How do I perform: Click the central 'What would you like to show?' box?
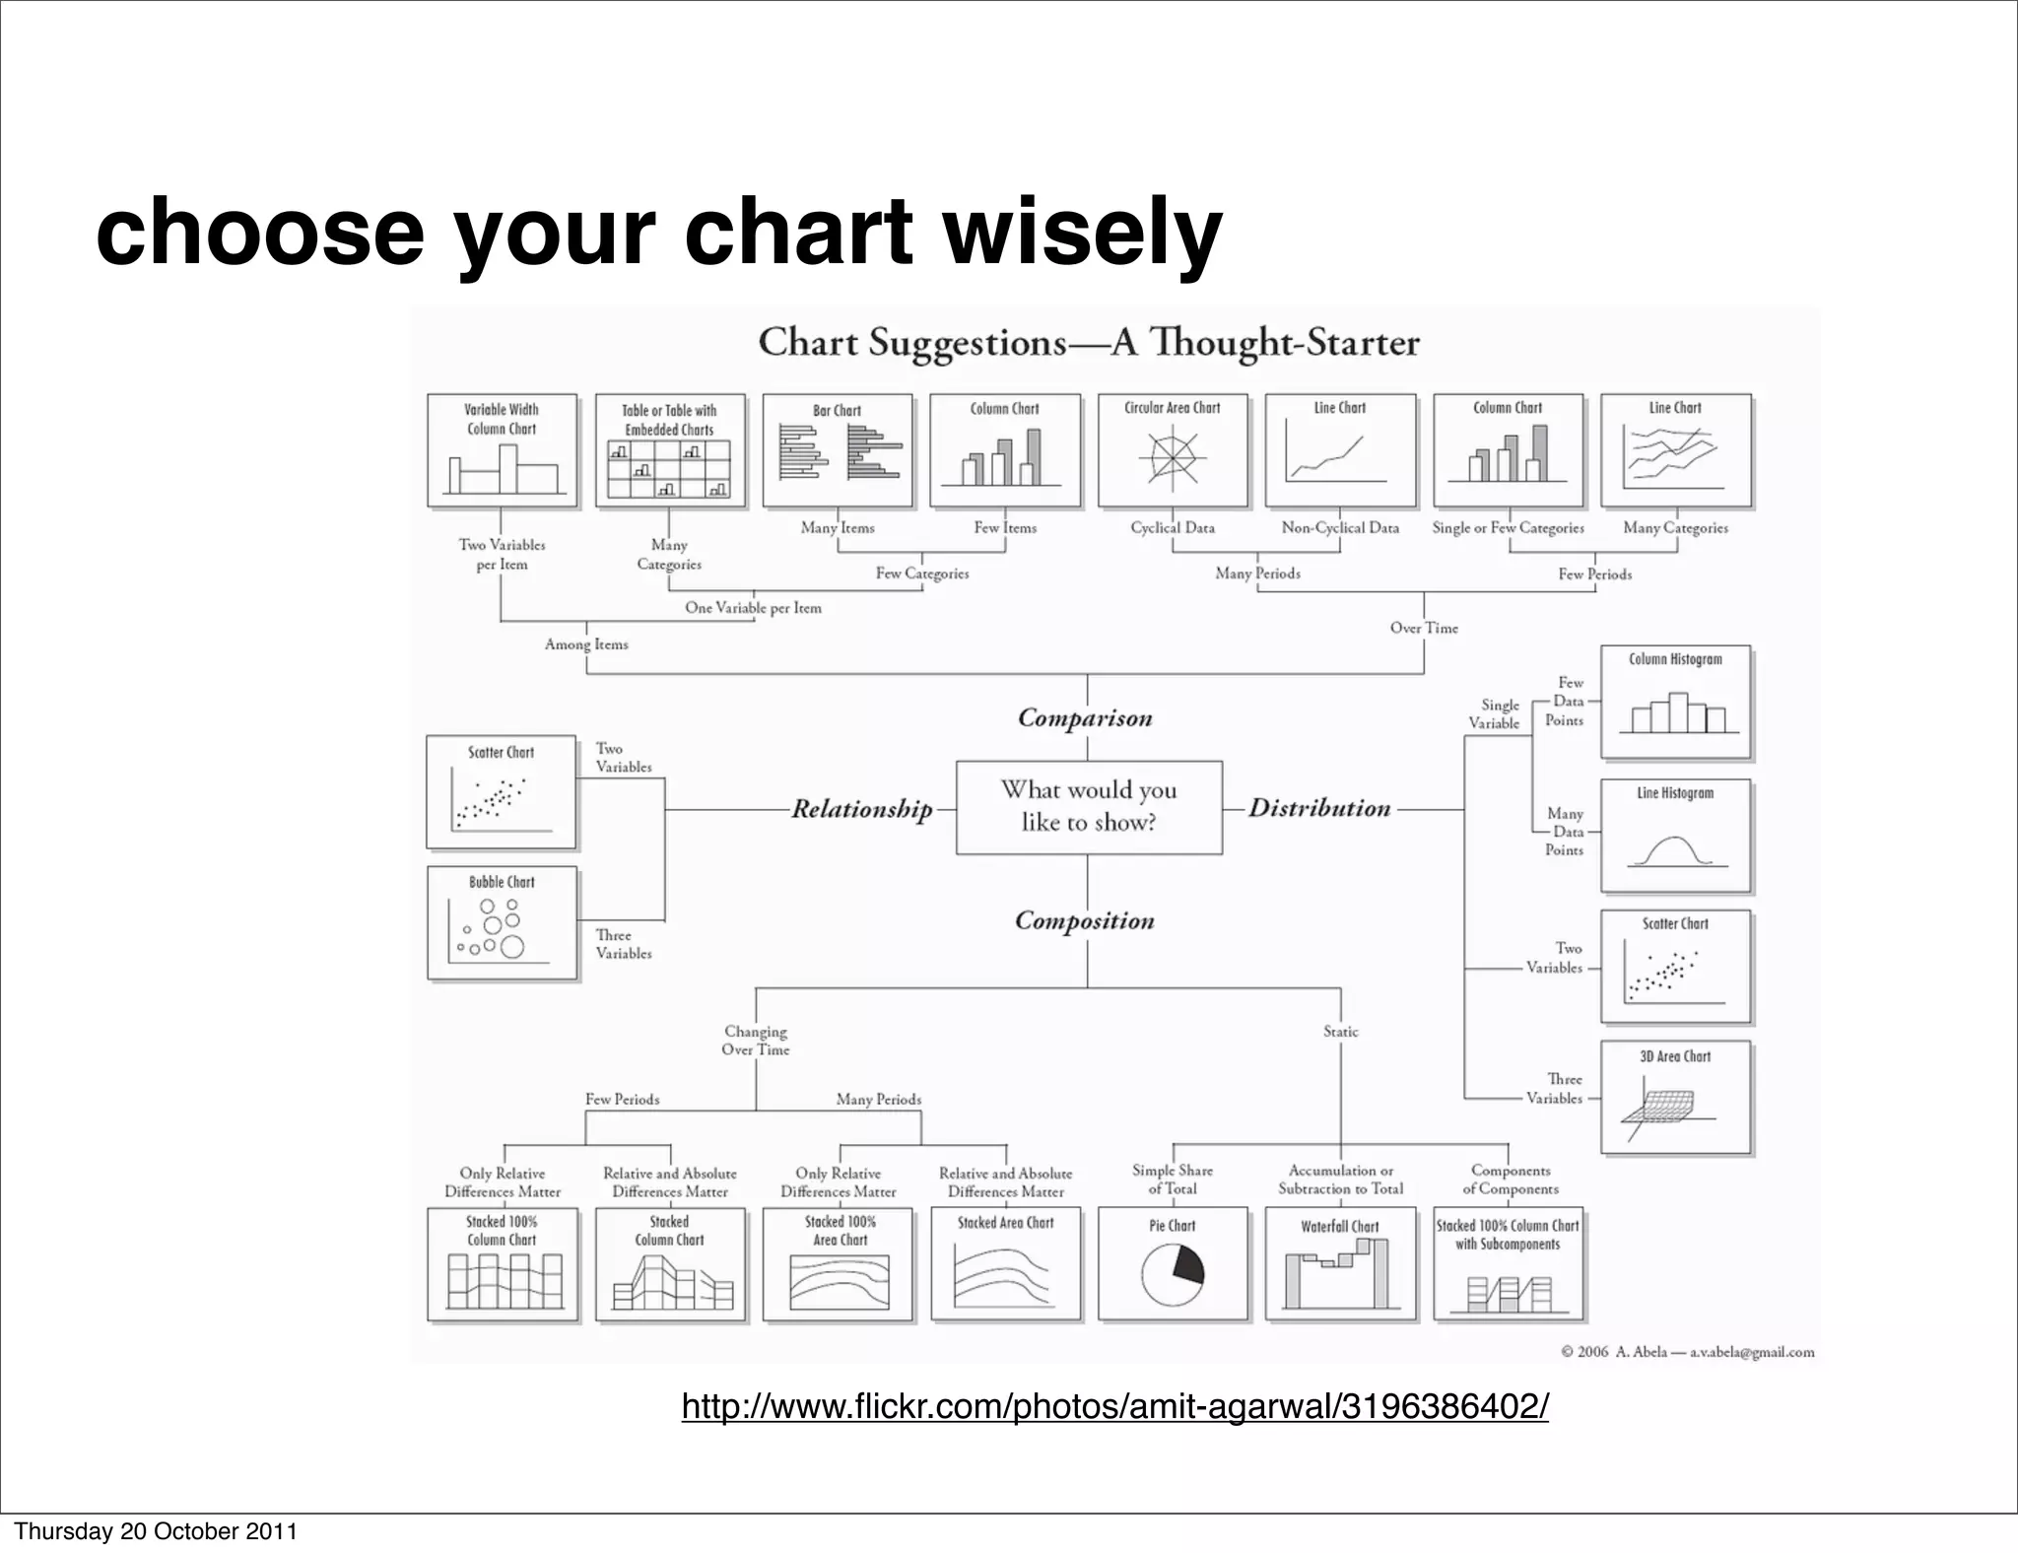pyautogui.click(x=1089, y=807)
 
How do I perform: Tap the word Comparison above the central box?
pyautogui.click(x=1085, y=718)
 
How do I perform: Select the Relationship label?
pyautogui.click(x=862, y=809)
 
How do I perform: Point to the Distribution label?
pyautogui.click(x=1319, y=808)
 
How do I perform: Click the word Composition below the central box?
pyautogui.click(x=1085, y=921)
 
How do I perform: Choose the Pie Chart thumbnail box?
pyautogui.click(x=1173, y=1264)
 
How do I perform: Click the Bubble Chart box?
pyautogui.click(x=503, y=923)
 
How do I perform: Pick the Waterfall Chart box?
pyautogui.click(x=1340, y=1264)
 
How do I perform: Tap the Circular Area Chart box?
pyautogui.click(x=1173, y=450)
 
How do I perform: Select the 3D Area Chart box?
pyautogui.click(x=1675, y=1097)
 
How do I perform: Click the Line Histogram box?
pyautogui.click(x=1675, y=836)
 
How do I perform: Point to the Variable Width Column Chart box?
pyautogui.click(x=503, y=450)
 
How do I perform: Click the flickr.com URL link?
pyautogui.click(x=1114, y=1406)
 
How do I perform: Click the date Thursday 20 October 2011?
pyautogui.click(x=156, y=1531)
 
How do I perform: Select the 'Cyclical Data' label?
pyautogui.click(x=1173, y=528)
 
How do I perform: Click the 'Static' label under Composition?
pyautogui.click(x=1340, y=1032)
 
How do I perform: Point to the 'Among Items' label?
pyautogui.click(x=586, y=644)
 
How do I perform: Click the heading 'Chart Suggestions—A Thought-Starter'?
pyautogui.click(x=1088, y=343)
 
